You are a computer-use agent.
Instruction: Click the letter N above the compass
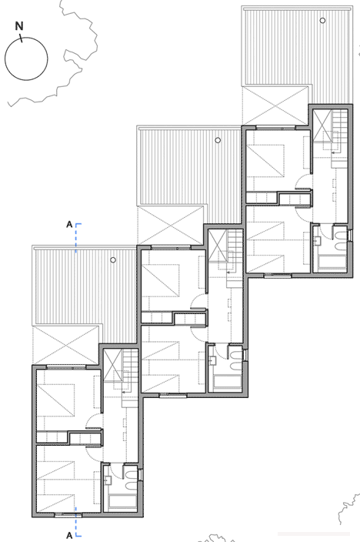pyautogui.click(x=19, y=26)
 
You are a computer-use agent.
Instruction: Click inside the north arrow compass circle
pyautogui.click(x=26, y=59)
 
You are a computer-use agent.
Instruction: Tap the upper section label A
pyautogui.click(x=69, y=225)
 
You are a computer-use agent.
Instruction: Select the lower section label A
pyautogui.click(x=69, y=535)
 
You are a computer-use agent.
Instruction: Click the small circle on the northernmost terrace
pyautogui.click(x=322, y=20)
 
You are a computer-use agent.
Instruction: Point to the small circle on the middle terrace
pyautogui.click(x=218, y=140)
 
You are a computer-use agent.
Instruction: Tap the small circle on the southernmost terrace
pyautogui.click(x=113, y=260)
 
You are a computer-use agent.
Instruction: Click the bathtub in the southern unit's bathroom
pyautogui.click(x=122, y=502)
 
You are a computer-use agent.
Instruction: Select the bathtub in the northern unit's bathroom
pyautogui.click(x=332, y=263)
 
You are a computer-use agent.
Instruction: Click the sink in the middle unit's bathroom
pyautogui.click(x=212, y=360)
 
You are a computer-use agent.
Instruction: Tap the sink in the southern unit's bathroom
pyautogui.click(x=108, y=480)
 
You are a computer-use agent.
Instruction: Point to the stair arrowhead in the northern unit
pyautogui.click(x=332, y=152)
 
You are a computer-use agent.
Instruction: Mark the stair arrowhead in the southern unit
pyautogui.click(x=123, y=392)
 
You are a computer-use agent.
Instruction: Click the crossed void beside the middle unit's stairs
pyautogui.click(x=218, y=246)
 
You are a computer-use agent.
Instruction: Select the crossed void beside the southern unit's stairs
pyautogui.click(x=113, y=366)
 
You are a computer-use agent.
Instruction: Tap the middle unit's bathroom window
pyautogui.click(x=245, y=355)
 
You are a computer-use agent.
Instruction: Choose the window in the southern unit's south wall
pyautogui.click(x=68, y=515)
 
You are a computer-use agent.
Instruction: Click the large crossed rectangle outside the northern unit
pyautogui.click(x=275, y=105)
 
